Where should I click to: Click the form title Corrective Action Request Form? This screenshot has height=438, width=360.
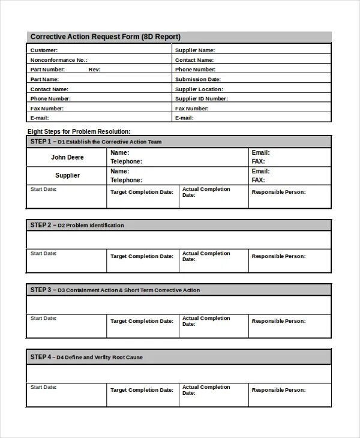coord(105,37)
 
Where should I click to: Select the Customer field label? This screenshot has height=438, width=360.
coord(44,50)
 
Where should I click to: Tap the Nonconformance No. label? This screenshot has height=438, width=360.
coord(59,60)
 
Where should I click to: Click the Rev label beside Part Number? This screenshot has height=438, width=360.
coord(94,70)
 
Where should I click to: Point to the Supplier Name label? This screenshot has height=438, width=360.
coord(195,50)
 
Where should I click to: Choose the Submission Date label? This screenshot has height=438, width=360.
coord(198,79)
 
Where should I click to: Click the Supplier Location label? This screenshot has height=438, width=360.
coord(199,89)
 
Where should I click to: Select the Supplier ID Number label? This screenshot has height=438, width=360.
coord(201,98)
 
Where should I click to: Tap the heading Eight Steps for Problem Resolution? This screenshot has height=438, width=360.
coord(79,131)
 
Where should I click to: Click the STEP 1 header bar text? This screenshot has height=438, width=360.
coord(96,142)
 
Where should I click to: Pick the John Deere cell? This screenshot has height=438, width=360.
coord(67,157)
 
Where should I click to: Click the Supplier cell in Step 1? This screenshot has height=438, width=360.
coord(67,175)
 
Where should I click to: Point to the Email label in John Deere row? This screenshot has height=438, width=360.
coord(260,153)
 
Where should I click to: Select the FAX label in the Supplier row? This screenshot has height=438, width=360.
coord(258,180)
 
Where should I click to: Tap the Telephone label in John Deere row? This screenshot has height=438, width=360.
coord(126,161)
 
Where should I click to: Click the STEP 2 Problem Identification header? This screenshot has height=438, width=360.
coord(77,226)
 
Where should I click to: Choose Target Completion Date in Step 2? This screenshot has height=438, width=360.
coord(142,256)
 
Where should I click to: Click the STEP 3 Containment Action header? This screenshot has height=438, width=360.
coord(115,290)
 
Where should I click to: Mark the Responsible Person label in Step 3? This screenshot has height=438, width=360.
coord(278,321)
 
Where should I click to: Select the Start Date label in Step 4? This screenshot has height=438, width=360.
coord(44,387)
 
